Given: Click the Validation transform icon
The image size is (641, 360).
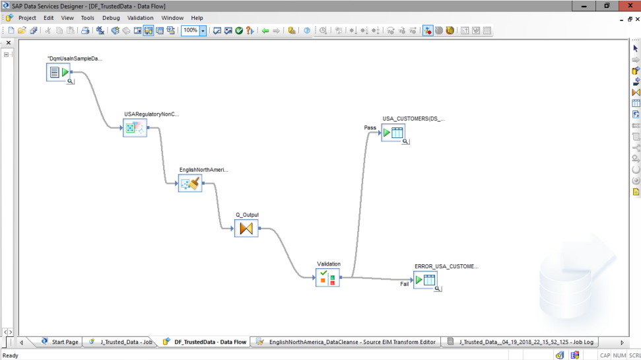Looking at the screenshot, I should pyautogui.click(x=327, y=278).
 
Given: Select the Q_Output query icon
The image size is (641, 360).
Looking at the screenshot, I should pyautogui.click(x=246, y=229).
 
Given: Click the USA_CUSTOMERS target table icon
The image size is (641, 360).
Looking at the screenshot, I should pyautogui.click(x=392, y=133).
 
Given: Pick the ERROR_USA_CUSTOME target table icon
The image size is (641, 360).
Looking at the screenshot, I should pyautogui.click(x=424, y=280).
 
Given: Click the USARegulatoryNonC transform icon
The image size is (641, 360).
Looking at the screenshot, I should pyautogui.click(x=135, y=127).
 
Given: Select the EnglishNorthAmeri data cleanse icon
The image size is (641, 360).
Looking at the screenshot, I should pyautogui.click(x=190, y=183).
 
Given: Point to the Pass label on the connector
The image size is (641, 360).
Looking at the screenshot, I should pyautogui.click(x=370, y=127).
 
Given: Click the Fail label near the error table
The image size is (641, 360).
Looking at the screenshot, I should pyautogui.click(x=404, y=284).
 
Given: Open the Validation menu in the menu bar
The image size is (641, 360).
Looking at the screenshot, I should pyautogui.click(x=140, y=18).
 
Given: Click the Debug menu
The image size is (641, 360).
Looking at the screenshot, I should pyautogui.click(x=111, y=18).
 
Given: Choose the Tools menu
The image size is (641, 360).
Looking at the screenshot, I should pyautogui.click(x=87, y=18).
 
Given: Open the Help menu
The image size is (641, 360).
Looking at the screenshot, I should pyautogui.click(x=197, y=18).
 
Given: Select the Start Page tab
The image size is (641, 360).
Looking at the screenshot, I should pyautogui.click(x=64, y=342).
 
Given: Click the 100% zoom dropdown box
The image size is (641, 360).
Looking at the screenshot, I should pyautogui.click(x=193, y=30).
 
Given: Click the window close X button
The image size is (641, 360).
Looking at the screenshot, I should pyautogui.click(x=627, y=5).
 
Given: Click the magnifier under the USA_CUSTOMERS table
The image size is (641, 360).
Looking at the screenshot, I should pyautogui.click(x=401, y=140).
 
